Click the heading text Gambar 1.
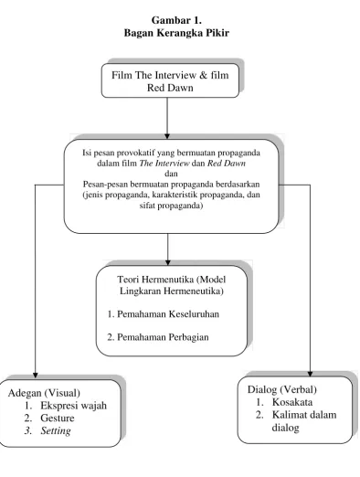click(176, 20)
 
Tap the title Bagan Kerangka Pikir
click(176, 33)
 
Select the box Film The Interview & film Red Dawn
click(170, 80)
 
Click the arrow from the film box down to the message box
click(167, 118)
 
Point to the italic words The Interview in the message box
click(164, 164)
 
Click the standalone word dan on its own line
click(171, 174)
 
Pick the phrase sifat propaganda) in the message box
click(171, 206)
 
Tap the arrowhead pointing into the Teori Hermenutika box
click(167, 262)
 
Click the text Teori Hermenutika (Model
click(172, 280)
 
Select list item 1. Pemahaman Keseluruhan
click(164, 313)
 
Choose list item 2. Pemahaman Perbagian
click(158, 337)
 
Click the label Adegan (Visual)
click(44, 393)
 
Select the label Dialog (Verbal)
click(282, 389)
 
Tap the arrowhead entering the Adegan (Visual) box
click(36, 376)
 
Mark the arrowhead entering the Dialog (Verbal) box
click(310, 374)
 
